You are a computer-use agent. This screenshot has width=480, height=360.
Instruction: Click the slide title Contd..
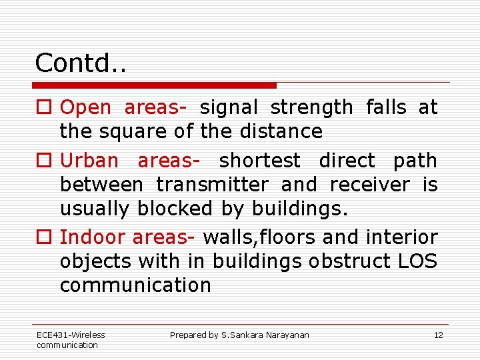click(x=81, y=63)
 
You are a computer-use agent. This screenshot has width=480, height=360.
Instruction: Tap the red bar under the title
click(x=155, y=85)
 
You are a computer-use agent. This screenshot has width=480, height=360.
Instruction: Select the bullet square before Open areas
click(x=43, y=107)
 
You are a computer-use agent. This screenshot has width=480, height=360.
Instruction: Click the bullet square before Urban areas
click(x=43, y=161)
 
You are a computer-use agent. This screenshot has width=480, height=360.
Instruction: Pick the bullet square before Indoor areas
click(x=43, y=237)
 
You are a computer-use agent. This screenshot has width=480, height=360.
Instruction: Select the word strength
click(x=311, y=107)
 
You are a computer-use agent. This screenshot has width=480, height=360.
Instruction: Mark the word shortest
click(x=260, y=161)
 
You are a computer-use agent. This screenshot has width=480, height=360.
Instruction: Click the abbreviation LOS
click(x=416, y=261)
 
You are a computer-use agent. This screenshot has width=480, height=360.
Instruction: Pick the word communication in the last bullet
click(x=135, y=285)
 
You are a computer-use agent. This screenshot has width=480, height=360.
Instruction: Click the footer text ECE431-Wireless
click(x=71, y=335)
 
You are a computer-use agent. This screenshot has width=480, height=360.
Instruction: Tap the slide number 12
click(x=438, y=335)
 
